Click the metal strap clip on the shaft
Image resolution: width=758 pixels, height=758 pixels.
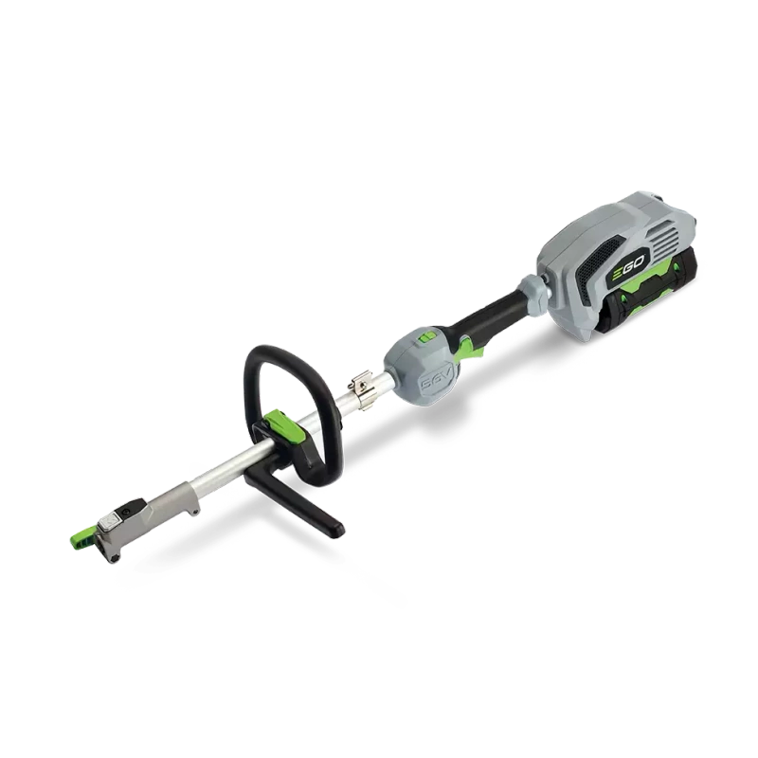(361, 386)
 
